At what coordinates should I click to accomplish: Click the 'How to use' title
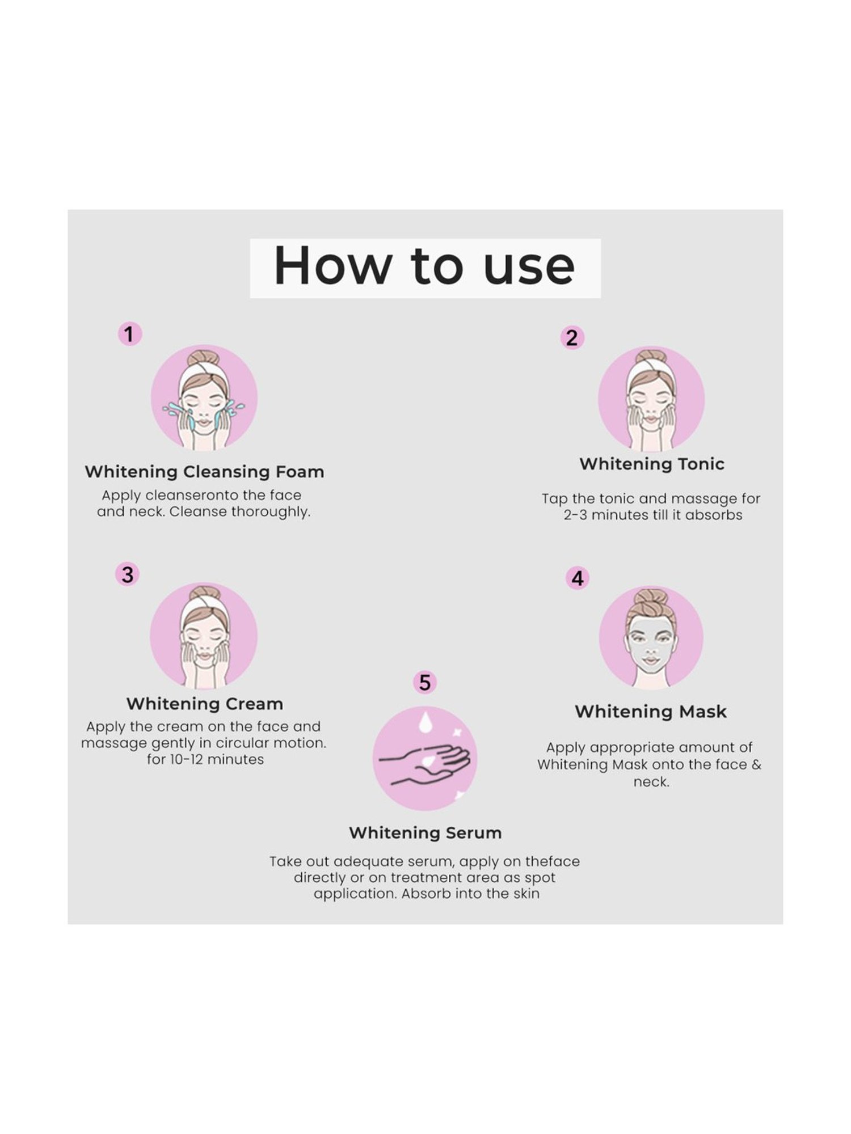pos(424,267)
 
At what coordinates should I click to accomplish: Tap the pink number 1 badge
pos(129,334)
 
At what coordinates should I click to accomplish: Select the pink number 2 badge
pos(572,338)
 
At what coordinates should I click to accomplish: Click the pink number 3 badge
pos(128,574)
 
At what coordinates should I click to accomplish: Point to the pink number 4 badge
pos(578,578)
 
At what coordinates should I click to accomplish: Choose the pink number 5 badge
pos(425,683)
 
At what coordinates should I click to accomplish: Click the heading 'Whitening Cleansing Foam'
pos(204,472)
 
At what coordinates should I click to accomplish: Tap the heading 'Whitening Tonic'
pos(652,464)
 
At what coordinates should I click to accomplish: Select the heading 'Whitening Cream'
pos(204,704)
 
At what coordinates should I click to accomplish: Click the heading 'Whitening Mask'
pos(651,712)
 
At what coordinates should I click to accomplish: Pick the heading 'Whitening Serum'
pos(425,833)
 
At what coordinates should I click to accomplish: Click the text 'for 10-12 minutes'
pos(205,760)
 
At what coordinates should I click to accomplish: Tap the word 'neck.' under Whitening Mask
pos(651,782)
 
